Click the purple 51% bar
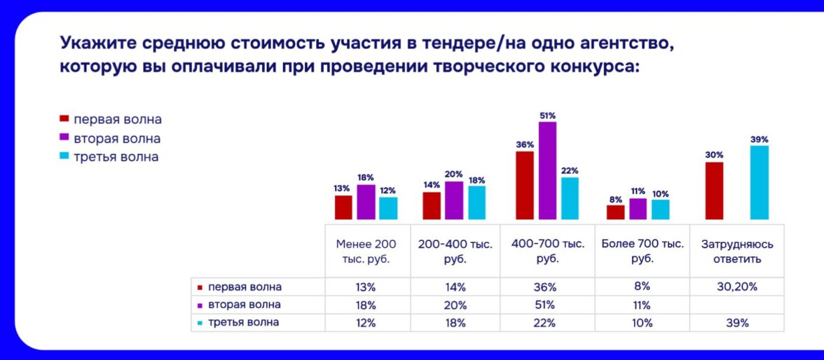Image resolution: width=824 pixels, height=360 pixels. [547, 170]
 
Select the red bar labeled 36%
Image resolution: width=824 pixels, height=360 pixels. [524, 185]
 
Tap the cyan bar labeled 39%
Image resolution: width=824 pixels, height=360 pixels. [759, 182]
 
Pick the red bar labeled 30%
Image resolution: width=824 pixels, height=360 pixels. [714, 191]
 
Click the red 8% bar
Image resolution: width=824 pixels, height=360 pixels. [615, 212]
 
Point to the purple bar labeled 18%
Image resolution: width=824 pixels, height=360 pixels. [366, 202]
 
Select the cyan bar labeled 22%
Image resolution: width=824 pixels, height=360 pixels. [570, 198]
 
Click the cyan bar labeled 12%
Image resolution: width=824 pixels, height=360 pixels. [388, 208]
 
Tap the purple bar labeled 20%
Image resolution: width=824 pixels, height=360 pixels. [454, 200]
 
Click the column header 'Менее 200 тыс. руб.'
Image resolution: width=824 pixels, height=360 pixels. [366, 251]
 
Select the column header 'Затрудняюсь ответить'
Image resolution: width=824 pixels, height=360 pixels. [737, 251]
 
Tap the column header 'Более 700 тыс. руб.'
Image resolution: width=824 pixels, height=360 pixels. [643, 251]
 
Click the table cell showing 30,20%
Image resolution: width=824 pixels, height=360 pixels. [737, 287]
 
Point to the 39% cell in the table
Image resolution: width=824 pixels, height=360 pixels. [737, 323]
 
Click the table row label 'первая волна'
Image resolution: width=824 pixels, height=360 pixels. [245, 287]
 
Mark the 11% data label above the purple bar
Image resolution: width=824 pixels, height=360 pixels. [638, 191]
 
